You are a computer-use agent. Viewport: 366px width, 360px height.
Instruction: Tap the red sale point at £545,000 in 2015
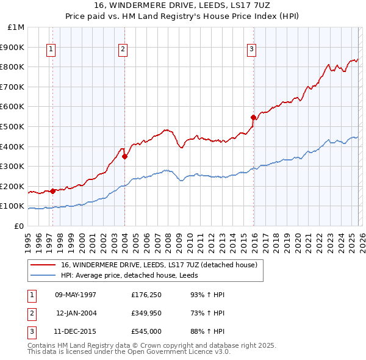click(x=253, y=117)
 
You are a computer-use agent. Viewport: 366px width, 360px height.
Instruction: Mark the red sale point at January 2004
click(x=124, y=156)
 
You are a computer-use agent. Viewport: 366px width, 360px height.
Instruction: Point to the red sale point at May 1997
click(x=52, y=191)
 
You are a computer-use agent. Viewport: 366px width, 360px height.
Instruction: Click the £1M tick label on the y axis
click(x=16, y=27)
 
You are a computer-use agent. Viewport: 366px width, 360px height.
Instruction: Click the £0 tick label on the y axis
click(x=18, y=226)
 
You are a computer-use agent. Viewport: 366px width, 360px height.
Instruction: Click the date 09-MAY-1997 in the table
click(x=76, y=294)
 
